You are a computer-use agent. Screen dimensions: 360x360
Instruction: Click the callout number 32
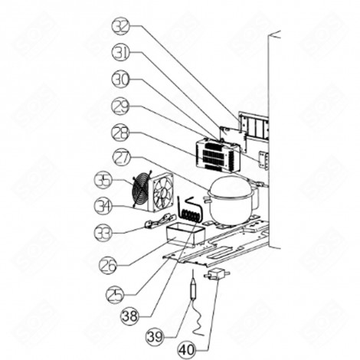[x=121, y=26]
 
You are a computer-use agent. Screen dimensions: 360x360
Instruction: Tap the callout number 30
[x=121, y=78]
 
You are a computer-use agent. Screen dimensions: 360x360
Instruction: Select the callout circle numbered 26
[x=110, y=266]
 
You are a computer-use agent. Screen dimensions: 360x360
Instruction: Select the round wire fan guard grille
[x=142, y=191]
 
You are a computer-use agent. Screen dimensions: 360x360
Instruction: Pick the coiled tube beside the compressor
[x=189, y=210]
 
